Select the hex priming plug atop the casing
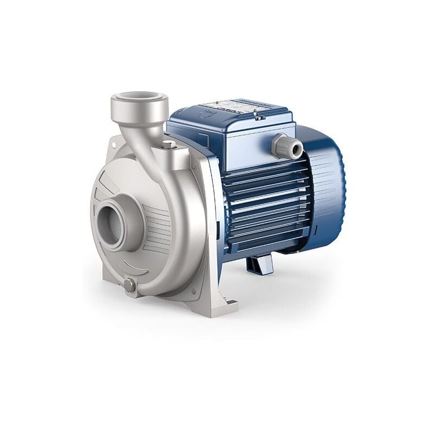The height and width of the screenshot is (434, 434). tap(169, 145)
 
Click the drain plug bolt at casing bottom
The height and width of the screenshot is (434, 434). tap(130, 286)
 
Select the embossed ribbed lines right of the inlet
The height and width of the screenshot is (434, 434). tap(157, 222)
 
